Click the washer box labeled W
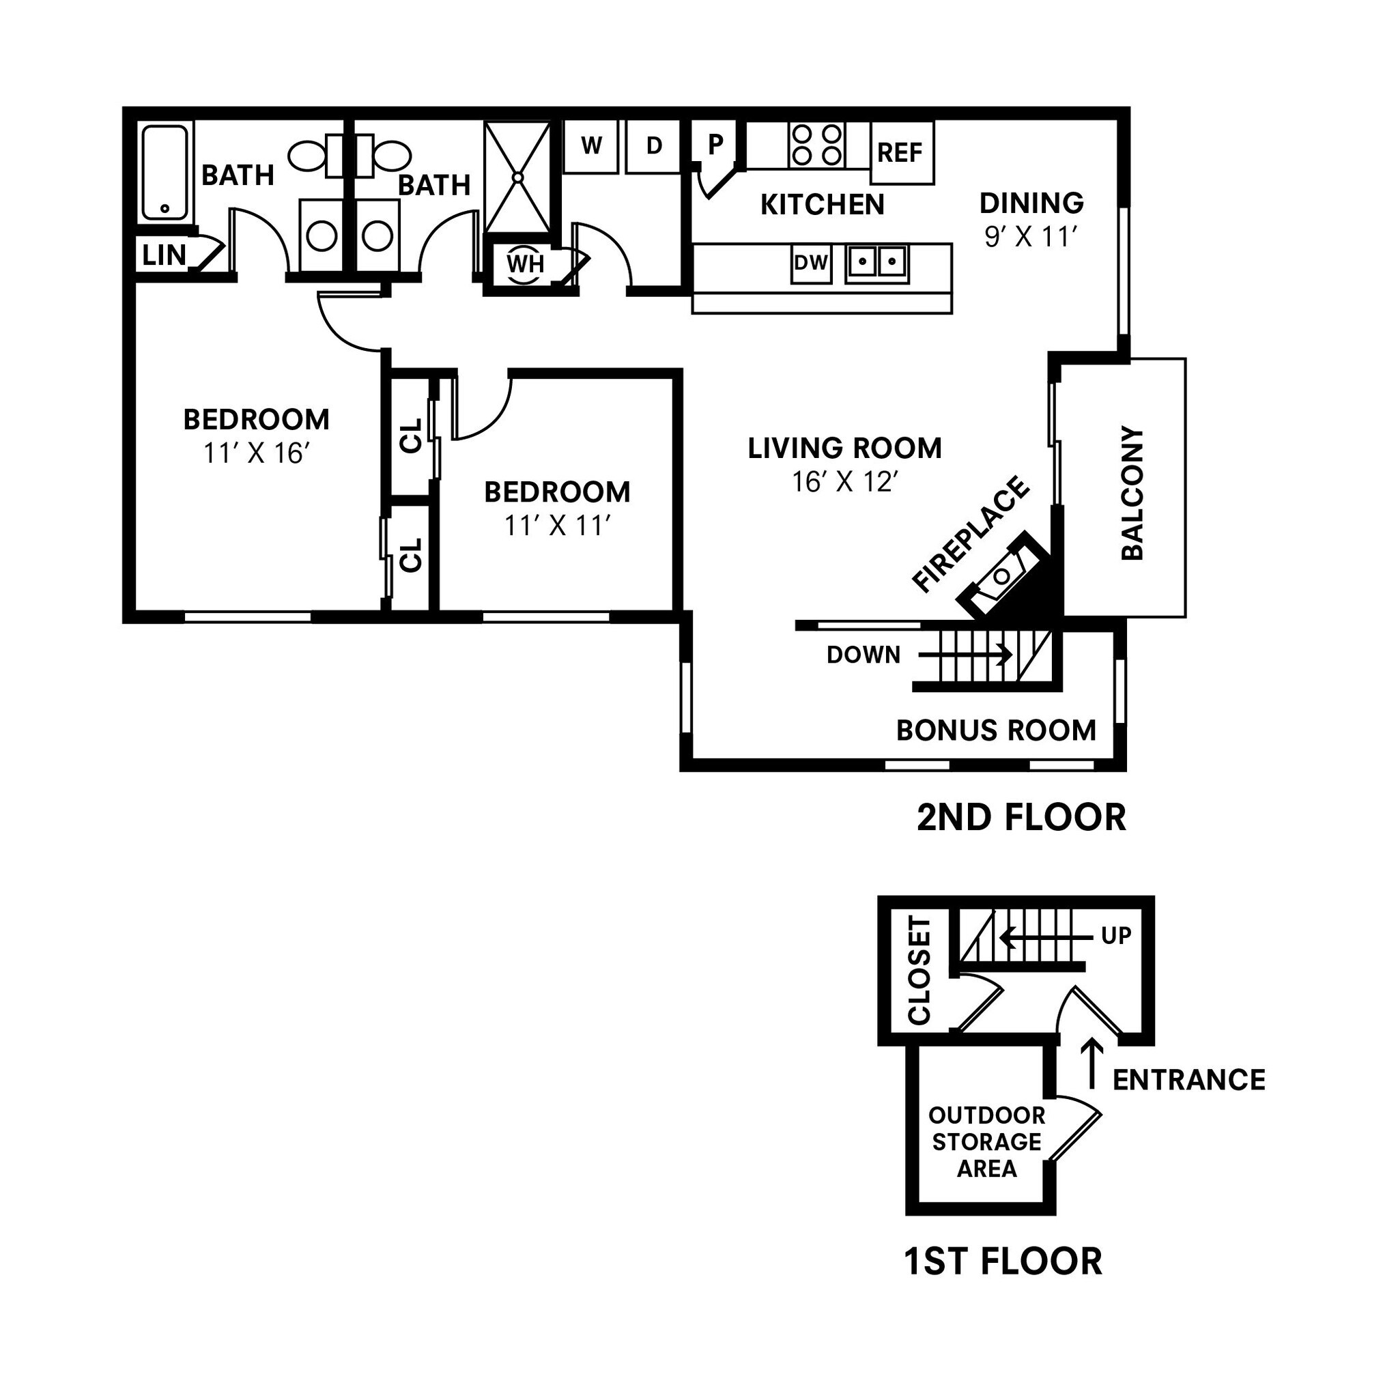click(x=591, y=146)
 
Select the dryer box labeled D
click(x=653, y=146)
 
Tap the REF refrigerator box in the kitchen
click(x=902, y=153)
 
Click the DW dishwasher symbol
click(x=810, y=263)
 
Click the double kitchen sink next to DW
click(x=877, y=263)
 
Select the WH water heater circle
click(x=525, y=263)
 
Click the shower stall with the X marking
click(x=518, y=177)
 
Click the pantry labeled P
click(x=715, y=145)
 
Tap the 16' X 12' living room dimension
click(x=844, y=482)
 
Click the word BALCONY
click(x=1132, y=494)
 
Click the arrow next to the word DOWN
click(x=965, y=655)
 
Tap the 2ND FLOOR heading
click(x=1021, y=818)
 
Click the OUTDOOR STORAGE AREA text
click(x=986, y=1141)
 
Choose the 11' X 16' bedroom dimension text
click(x=256, y=454)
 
